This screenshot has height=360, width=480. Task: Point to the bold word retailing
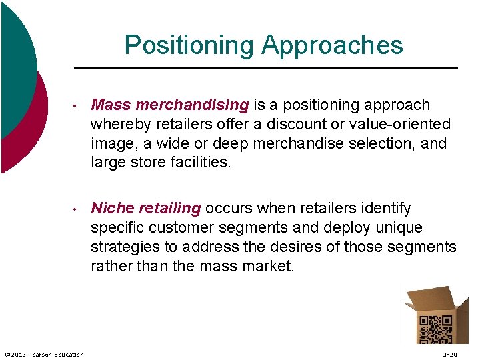(x=170, y=209)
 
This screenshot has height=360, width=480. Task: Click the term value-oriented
(x=399, y=124)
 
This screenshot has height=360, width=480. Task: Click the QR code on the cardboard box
(x=437, y=328)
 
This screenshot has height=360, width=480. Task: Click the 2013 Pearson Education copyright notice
(x=44, y=354)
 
